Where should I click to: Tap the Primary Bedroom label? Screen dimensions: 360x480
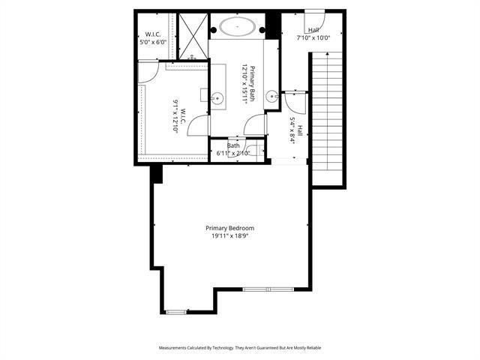(230, 228)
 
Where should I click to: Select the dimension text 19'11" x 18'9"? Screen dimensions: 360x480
(230, 236)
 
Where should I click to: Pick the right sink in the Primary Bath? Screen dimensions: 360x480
(272, 95)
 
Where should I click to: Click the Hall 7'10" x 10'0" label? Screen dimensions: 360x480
(312, 34)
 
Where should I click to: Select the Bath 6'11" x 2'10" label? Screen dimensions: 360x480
(233, 150)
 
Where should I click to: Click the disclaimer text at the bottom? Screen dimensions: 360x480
(240, 348)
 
